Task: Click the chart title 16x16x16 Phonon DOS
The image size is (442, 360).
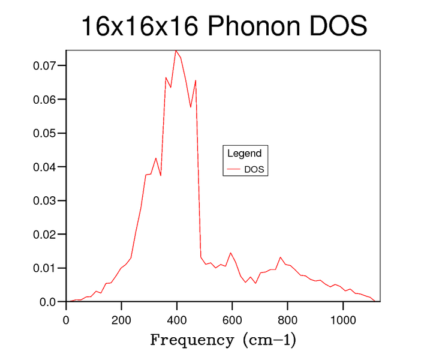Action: [x=223, y=26]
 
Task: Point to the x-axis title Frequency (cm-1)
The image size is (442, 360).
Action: [x=222, y=341]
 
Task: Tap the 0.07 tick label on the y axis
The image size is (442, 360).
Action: [x=44, y=65]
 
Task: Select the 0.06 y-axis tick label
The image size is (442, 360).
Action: [x=44, y=99]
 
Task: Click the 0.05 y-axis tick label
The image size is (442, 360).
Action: [x=44, y=133]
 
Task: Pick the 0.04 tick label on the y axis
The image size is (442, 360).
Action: [x=44, y=167]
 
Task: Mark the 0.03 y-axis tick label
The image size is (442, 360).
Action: [x=44, y=200]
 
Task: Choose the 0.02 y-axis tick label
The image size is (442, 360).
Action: [x=44, y=234]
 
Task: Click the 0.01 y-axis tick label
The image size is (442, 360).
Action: [x=44, y=268]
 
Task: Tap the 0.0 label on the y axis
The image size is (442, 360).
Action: [x=47, y=302]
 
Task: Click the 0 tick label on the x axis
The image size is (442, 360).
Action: [x=66, y=320]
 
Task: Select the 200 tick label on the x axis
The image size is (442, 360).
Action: [x=121, y=320]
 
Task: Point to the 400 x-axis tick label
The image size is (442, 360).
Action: [x=176, y=320]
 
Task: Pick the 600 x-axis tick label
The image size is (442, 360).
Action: [x=232, y=320]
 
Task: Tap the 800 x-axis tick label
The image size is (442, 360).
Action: [x=287, y=320]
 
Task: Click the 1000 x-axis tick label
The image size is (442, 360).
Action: [x=342, y=320]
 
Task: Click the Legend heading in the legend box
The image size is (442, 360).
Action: [x=244, y=154]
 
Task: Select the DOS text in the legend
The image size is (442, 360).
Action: [x=254, y=170]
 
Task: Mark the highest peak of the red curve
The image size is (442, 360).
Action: [x=176, y=50]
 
